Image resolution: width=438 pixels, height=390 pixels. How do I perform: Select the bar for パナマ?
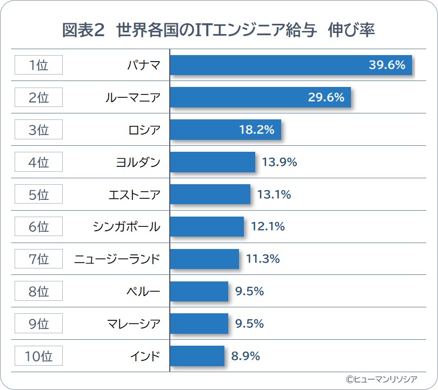291,65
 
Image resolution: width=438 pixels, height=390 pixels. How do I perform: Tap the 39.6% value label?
387,65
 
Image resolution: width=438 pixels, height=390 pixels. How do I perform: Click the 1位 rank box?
38,65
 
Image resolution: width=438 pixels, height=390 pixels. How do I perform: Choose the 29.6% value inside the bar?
326,98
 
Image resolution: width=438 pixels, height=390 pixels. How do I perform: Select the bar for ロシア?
225,130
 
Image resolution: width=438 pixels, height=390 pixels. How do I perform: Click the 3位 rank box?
38,130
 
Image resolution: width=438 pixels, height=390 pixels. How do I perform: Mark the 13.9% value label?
280,162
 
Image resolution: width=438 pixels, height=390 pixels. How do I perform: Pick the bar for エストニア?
210,194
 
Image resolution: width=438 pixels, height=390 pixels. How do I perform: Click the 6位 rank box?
38,227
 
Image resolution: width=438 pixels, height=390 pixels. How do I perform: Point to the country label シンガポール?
127,227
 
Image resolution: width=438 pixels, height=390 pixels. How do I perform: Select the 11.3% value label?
263,259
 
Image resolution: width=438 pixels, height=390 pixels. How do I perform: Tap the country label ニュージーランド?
117,259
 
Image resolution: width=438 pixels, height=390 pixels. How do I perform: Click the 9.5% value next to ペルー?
249,292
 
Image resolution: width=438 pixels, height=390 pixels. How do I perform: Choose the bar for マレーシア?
199,324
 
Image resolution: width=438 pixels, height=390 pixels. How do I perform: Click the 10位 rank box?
38,356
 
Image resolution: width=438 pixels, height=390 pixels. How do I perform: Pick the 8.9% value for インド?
245,356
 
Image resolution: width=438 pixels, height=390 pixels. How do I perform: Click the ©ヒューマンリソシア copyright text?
385,379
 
